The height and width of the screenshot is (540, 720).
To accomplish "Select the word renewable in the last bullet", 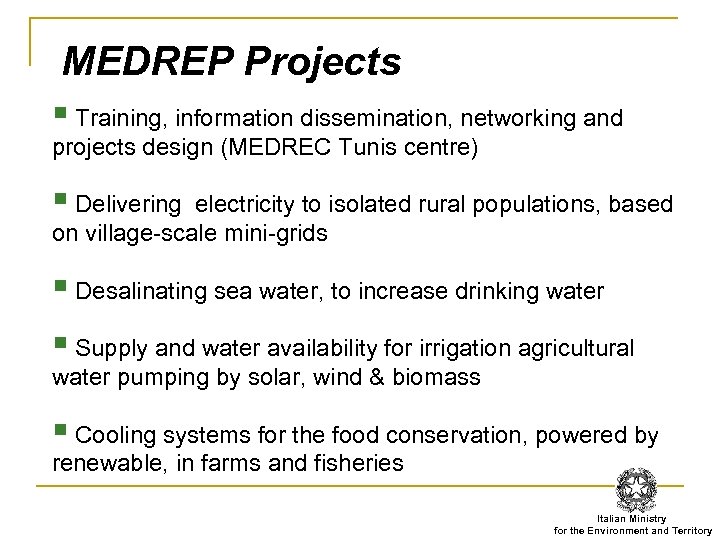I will pos(100,464).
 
